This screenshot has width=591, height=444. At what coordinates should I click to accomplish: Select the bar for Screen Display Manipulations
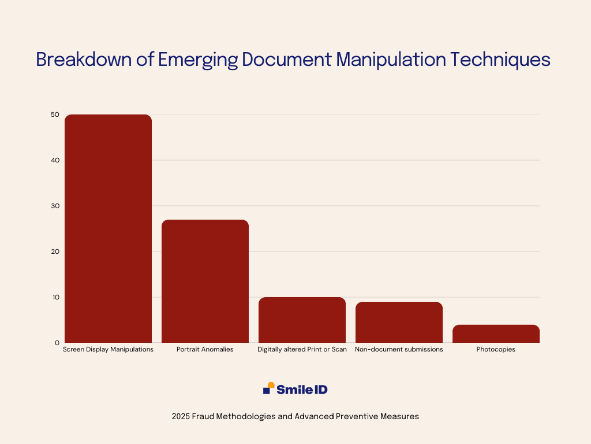[x=108, y=228]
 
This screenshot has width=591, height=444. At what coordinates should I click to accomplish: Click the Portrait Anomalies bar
[x=205, y=282]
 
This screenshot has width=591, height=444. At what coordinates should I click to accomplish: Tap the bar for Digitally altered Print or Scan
[x=302, y=320]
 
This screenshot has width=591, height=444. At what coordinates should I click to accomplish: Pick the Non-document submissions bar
[x=399, y=322]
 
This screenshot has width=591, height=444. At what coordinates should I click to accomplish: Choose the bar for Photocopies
[x=496, y=334]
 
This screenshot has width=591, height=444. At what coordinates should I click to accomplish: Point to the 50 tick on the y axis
[x=55, y=114]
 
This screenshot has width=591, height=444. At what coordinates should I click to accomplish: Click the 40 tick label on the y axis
[x=55, y=160]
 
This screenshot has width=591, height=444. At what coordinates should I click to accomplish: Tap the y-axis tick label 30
[x=55, y=206]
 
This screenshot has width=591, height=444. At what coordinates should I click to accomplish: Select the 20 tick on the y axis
[x=55, y=251]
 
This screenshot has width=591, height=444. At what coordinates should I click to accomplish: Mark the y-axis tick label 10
[x=56, y=297]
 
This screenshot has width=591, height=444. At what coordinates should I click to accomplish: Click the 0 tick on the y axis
[x=57, y=343]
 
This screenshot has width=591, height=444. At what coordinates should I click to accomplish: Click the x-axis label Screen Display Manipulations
[x=108, y=350]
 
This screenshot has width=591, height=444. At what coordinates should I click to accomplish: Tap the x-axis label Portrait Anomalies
[x=205, y=350]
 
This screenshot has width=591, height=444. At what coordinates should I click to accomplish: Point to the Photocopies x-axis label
[x=496, y=350]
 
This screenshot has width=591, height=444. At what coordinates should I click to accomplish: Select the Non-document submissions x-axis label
[x=399, y=350]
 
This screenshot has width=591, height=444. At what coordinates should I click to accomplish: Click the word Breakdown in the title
[x=84, y=60]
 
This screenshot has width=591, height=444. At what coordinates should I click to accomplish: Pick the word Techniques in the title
[x=500, y=60]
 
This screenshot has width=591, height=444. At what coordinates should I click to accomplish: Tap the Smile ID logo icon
[x=269, y=388]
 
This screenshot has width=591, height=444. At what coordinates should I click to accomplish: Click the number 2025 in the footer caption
[x=181, y=416]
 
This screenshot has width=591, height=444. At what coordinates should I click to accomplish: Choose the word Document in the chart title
[x=287, y=60]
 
